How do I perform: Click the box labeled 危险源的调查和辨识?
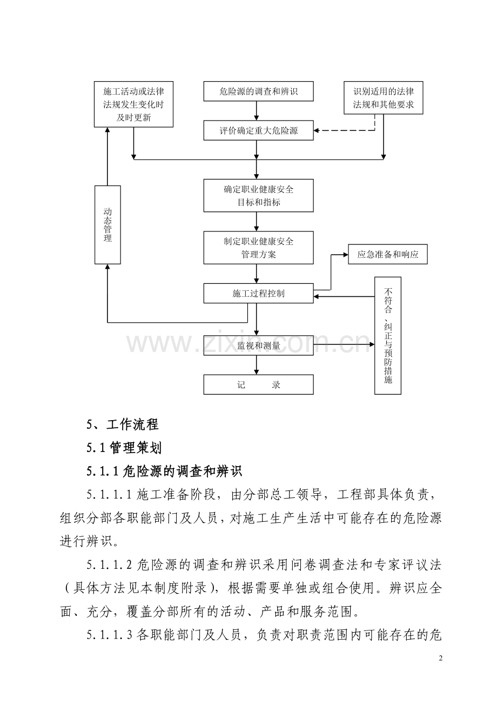pyautogui.click(x=258, y=91)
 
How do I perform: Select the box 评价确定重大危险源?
pyautogui.click(x=258, y=130)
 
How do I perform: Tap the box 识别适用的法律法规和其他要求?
pyautogui.click(x=384, y=98)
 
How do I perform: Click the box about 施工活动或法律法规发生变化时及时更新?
pyautogui.click(x=134, y=104)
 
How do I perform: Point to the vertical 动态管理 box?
pyautogui.click(x=108, y=225)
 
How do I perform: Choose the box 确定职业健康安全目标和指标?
pyautogui.click(x=258, y=196)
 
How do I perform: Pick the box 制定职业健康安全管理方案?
pyautogui.click(x=258, y=248)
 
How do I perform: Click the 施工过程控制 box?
pyautogui.click(x=258, y=293)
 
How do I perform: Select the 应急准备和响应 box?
pyautogui.click(x=388, y=254)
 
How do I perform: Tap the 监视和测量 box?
pyautogui.click(x=258, y=346)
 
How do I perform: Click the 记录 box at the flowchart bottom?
pyautogui.click(x=258, y=384)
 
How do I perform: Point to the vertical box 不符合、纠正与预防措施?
pyautogui.click(x=388, y=336)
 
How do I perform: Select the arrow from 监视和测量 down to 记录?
pyautogui.click(x=257, y=365)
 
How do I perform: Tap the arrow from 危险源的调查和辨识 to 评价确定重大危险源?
pyautogui.click(x=257, y=111)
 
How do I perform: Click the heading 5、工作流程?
pyautogui.click(x=123, y=424)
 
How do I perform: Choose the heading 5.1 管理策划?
pyautogui.click(x=124, y=448)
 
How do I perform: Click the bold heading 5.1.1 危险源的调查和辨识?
pyautogui.click(x=164, y=471)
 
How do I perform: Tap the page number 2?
pyautogui.click(x=440, y=658)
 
